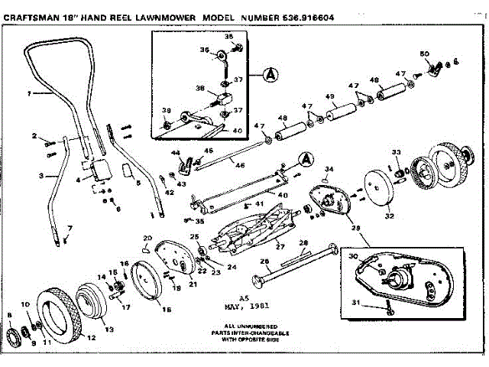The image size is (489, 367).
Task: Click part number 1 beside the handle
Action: click(28, 94)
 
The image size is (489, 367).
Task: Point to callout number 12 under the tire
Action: click(91, 337)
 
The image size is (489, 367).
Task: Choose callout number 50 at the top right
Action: click(425, 54)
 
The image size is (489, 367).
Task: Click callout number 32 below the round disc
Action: click(389, 216)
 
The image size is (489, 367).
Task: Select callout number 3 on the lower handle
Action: click(39, 176)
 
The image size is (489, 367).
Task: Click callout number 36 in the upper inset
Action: click(205, 51)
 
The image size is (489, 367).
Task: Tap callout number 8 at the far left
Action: click(8, 315)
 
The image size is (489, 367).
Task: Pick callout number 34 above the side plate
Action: click(330, 168)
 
